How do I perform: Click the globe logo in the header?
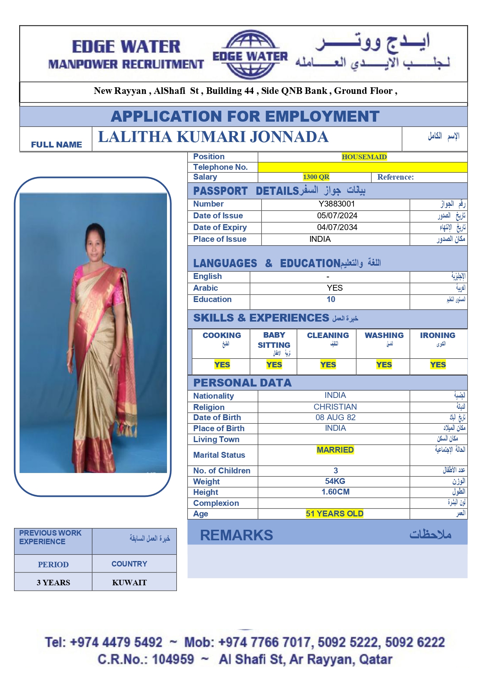(x=250, y=55)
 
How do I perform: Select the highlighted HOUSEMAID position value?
(x=364, y=157)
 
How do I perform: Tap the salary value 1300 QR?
(x=316, y=177)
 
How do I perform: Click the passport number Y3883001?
(x=336, y=204)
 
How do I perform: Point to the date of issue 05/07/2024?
(x=337, y=216)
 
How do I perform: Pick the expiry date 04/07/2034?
(x=337, y=227)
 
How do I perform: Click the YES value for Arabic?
(x=335, y=288)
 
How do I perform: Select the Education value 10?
(x=331, y=299)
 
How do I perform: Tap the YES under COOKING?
(x=222, y=365)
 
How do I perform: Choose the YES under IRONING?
(x=438, y=365)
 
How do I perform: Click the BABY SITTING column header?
(x=274, y=340)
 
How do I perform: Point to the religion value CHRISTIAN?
(x=335, y=407)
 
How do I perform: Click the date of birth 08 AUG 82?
(x=336, y=417)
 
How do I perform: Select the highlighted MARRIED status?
(x=335, y=450)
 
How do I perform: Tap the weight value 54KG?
(x=335, y=481)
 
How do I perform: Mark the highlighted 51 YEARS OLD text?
(x=335, y=514)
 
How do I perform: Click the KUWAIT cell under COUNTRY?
(x=129, y=583)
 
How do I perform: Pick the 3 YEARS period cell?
(x=54, y=583)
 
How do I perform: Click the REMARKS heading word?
(x=237, y=535)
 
